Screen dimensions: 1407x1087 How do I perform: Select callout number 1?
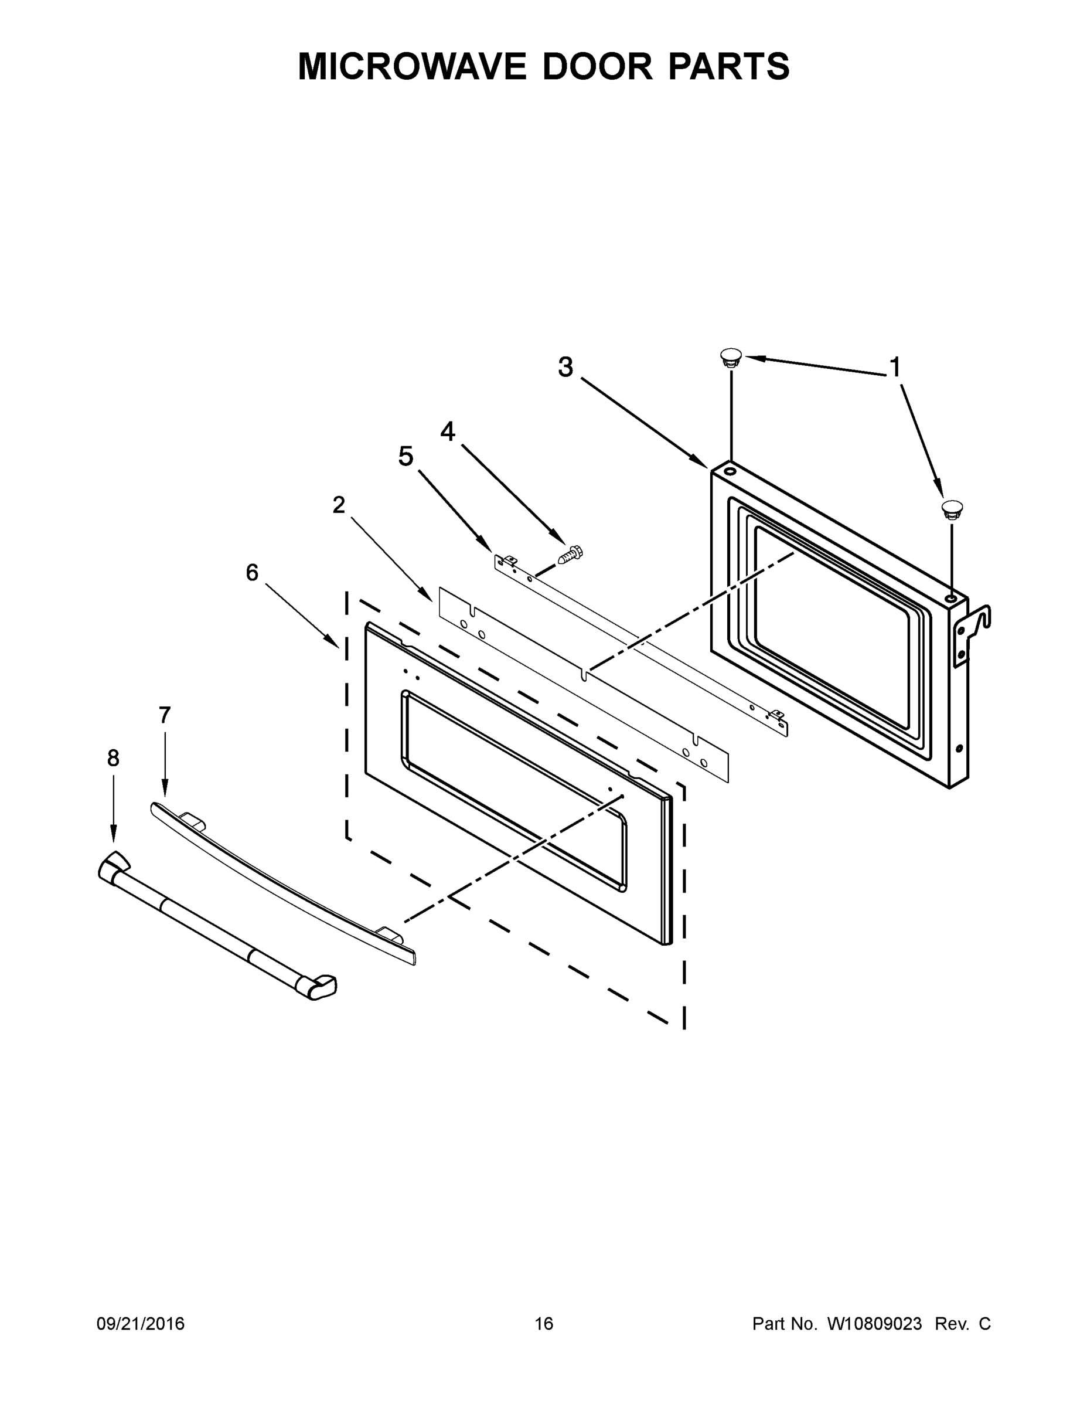click(x=894, y=368)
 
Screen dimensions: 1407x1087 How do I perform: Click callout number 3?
click(x=565, y=367)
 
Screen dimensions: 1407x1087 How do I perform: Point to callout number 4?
click(x=448, y=432)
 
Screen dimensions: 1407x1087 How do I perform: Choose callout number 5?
click(x=406, y=457)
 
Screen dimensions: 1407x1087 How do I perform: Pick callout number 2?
click(x=339, y=505)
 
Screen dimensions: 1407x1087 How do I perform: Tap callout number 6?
click(x=252, y=572)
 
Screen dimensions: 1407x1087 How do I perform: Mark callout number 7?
click(x=165, y=715)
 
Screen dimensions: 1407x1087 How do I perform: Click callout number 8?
click(x=113, y=758)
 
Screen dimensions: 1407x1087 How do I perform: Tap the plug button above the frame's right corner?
click(x=952, y=508)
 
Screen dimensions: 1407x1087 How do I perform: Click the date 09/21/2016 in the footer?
click(x=141, y=1324)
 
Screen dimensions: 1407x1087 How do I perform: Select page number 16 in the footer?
click(x=544, y=1324)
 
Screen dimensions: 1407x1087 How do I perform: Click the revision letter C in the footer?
click(x=984, y=1324)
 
